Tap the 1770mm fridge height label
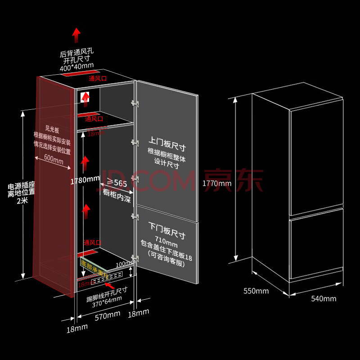click(x=217, y=183)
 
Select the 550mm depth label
click(x=256, y=291)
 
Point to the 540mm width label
click(x=323, y=298)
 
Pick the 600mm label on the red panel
click(x=54, y=159)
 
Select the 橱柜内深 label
click(x=117, y=193)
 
